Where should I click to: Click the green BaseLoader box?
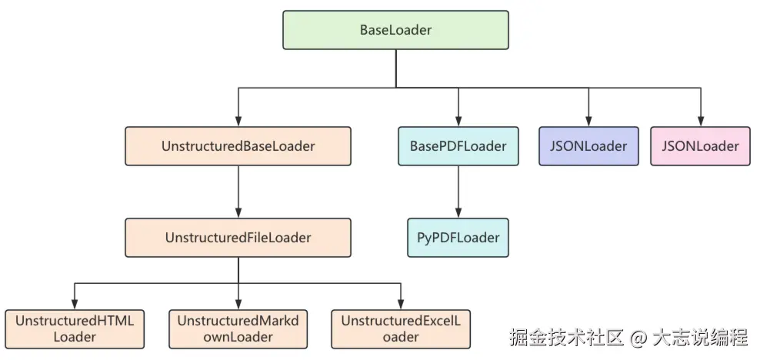click(x=395, y=30)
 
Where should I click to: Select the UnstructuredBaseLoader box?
click(x=238, y=146)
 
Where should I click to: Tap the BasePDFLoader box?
click(x=458, y=146)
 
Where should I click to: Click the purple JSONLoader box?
click(x=588, y=146)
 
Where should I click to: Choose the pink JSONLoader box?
click(x=700, y=146)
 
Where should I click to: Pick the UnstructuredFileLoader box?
click(x=238, y=238)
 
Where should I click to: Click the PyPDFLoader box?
click(x=458, y=238)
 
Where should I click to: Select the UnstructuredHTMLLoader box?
click(x=75, y=328)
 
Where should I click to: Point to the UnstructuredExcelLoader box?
click(x=400, y=328)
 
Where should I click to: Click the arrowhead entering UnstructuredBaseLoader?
click(x=238, y=121)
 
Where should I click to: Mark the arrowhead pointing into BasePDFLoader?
click(x=458, y=121)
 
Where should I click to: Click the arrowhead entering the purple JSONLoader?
click(x=588, y=121)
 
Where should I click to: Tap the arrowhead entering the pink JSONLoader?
click(x=700, y=121)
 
